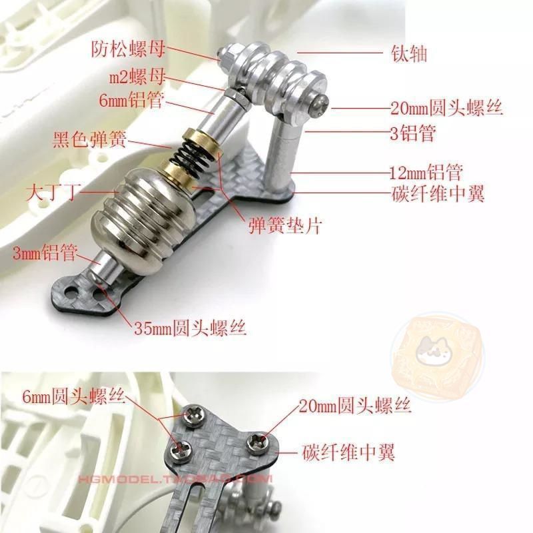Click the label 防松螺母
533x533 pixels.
click(128, 49)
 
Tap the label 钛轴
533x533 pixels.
click(409, 54)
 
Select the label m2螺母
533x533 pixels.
click(137, 77)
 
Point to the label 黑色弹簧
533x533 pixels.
click(89, 139)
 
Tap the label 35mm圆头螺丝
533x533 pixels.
click(190, 327)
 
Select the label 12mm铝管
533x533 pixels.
click(426, 172)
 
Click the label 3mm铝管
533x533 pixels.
click(45, 253)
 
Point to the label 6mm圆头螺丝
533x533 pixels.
click(74, 395)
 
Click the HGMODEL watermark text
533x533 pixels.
click(175, 479)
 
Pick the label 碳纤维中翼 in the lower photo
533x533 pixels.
click(348, 452)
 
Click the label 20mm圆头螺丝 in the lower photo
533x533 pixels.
click(355, 405)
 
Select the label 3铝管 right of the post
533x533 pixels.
click(412, 133)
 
